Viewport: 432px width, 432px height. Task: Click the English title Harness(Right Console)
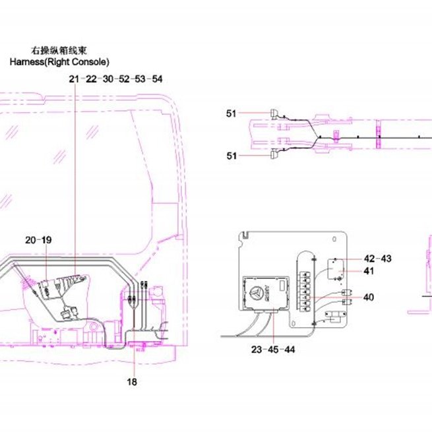pyautogui.click(x=59, y=62)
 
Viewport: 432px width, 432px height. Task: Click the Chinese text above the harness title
pyautogui.click(x=59, y=51)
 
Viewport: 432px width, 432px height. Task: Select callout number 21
pyautogui.click(x=74, y=79)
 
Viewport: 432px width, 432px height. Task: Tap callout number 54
pyautogui.click(x=157, y=79)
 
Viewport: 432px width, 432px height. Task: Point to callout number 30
pyautogui.click(x=108, y=79)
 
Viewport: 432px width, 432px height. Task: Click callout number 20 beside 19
pyautogui.click(x=30, y=240)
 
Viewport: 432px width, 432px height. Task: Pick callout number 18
pyautogui.click(x=132, y=382)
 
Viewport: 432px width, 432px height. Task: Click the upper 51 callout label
pyautogui.click(x=231, y=113)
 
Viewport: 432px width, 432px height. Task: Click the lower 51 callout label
pyautogui.click(x=231, y=156)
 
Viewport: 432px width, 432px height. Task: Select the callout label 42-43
pyautogui.click(x=377, y=259)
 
